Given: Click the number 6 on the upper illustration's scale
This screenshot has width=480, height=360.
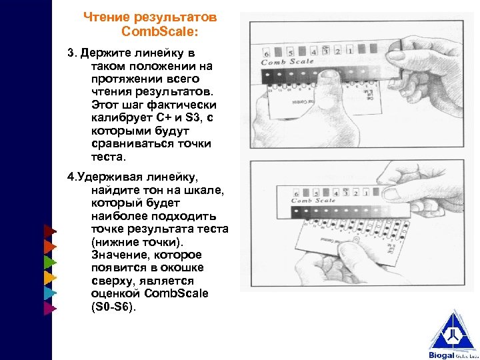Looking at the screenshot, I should [x=267, y=53].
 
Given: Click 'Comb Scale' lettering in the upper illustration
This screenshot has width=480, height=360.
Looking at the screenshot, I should [x=287, y=62].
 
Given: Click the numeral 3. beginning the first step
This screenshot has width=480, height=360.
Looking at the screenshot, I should [x=73, y=53].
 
